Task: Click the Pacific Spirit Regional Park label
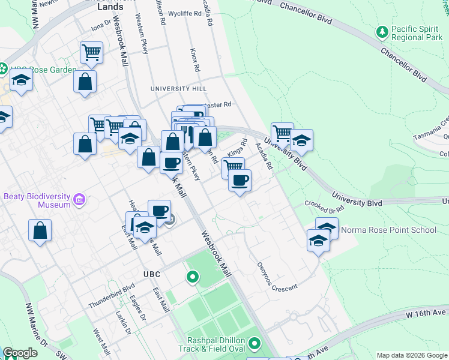[x=417, y=33]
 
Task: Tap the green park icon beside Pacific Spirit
[x=381, y=31]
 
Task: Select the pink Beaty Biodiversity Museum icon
[x=79, y=200]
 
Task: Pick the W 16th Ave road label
[x=426, y=313]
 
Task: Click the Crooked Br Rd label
[x=324, y=207]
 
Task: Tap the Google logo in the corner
[x=20, y=353]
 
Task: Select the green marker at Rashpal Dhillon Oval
[x=255, y=344]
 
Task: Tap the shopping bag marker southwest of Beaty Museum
[x=40, y=231]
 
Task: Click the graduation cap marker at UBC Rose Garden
[x=21, y=80]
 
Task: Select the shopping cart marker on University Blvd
[x=282, y=132]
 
